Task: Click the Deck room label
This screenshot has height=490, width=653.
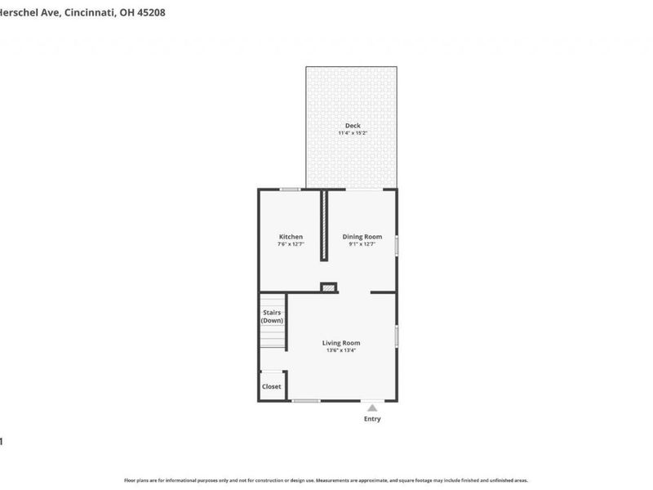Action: coord(353,126)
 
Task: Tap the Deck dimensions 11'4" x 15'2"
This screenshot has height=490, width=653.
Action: coord(353,133)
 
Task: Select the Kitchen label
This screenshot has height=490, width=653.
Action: coord(291,237)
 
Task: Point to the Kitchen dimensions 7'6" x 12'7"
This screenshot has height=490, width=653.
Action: coord(291,244)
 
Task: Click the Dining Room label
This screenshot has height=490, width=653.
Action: coord(362,237)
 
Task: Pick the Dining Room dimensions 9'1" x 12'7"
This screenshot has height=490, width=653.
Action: coord(362,244)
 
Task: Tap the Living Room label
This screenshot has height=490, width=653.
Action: coord(341,343)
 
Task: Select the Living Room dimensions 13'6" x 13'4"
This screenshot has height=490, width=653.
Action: coord(341,350)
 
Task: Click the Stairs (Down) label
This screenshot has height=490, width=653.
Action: coord(272,317)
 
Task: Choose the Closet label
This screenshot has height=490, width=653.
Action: coord(271,386)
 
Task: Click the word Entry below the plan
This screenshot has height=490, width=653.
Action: coord(372,419)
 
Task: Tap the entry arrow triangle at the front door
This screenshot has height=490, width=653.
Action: coord(372,407)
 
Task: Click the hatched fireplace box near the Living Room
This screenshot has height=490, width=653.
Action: coord(329,287)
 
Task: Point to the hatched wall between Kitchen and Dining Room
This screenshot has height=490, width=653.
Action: coord(324,225)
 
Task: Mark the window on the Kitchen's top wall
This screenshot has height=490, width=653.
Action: coord(290,189)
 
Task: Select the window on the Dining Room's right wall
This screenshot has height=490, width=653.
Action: coord(397,246)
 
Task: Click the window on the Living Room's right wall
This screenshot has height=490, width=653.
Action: coord(397,336)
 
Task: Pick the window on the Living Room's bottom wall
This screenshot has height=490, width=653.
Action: coord(306,400)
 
